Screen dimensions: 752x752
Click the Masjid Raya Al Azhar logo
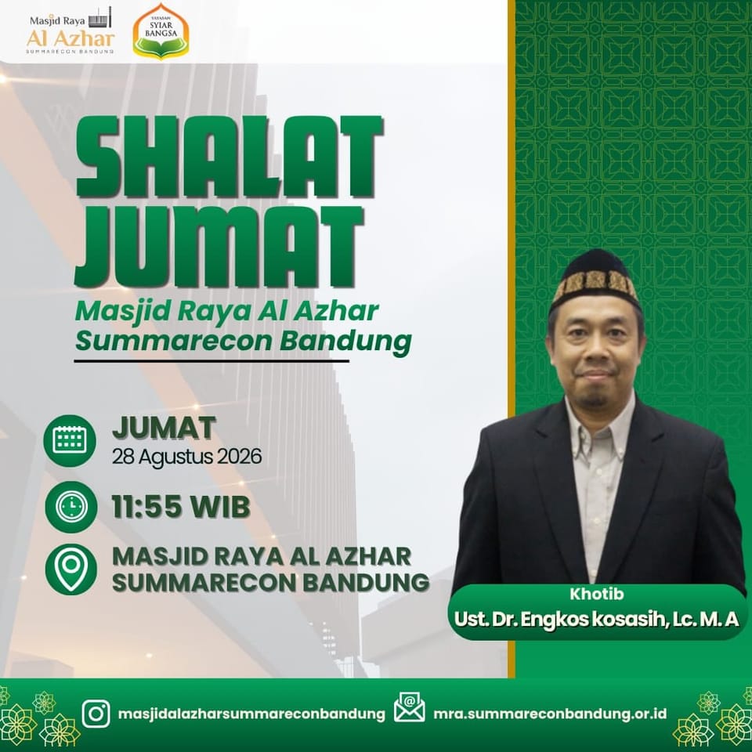coord(70,31)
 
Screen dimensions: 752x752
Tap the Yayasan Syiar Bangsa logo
coord(161,31)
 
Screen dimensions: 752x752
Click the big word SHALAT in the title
coord(230,157)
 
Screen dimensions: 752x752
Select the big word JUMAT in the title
coord(219,247)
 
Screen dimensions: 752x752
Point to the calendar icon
coord(70,440)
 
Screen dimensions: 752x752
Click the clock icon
coord(71,507)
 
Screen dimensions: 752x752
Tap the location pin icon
coord(71,569)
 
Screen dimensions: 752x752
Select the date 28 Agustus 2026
coord(187,456)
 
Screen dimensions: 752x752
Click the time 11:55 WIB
coord(181,507)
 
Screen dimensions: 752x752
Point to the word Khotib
coord(597,594)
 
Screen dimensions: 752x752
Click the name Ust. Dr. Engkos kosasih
coord(560,619)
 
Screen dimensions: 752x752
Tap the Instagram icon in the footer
coord(96,714)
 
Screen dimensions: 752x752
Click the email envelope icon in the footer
coord(409,707)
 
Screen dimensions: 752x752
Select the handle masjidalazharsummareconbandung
coord(251,714)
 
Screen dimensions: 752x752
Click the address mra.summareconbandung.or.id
coord(550,714)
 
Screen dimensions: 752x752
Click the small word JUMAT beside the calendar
coord(164,428)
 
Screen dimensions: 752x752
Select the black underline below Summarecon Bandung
coord(211,361)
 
